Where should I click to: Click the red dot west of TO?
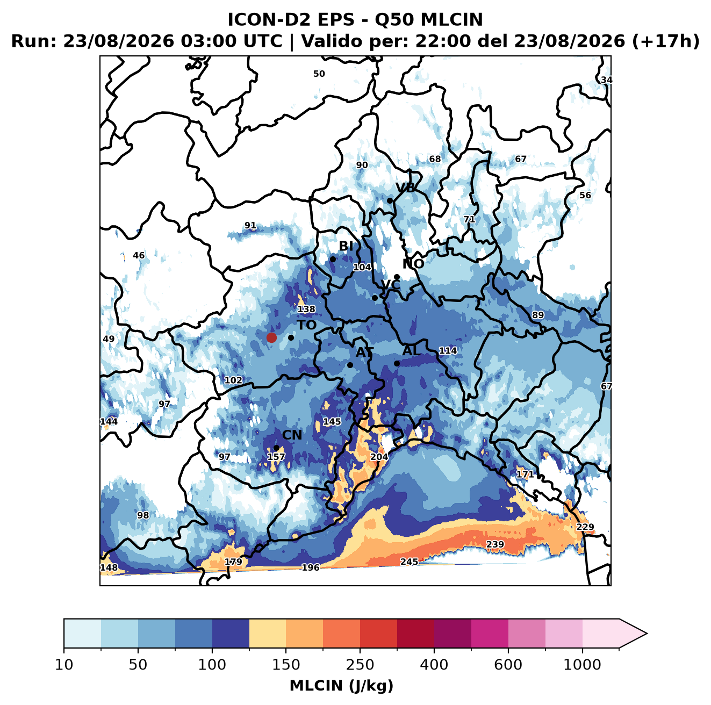271,337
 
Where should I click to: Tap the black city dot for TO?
291,337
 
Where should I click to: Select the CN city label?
292,435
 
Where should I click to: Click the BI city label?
346,246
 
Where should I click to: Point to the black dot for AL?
397,363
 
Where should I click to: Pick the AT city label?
364,352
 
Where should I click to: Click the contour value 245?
409,562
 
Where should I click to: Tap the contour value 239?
495,544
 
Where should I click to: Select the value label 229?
585,527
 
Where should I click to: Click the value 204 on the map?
379,457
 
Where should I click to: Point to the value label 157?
276,457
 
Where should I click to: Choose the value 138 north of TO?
306,309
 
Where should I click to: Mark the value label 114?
448,350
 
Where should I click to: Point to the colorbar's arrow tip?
647,634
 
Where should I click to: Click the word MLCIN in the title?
451,19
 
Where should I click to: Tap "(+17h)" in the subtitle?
665,41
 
